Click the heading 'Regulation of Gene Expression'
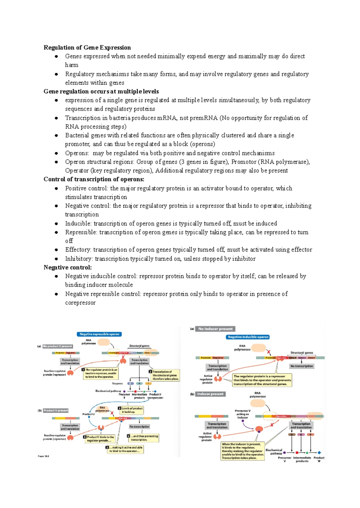coord(87,47)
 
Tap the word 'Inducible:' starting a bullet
coord(78,223)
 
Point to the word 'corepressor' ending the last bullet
coord(80,303)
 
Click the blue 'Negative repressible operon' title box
coord(99,334)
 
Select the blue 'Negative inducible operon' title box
coord(248,337)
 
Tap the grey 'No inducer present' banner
coord(215,329)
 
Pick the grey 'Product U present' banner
coord(56,411)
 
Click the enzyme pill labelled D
coord(292,435)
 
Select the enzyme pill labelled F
coord(311,435)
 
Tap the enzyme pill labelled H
coord(139,384)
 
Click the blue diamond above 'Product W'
coord(319,453)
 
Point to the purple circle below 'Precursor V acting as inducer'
coord(243,421)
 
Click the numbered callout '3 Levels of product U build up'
coord(131,410)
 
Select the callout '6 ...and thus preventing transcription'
coord(143,438)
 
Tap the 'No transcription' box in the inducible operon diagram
coord(301,366)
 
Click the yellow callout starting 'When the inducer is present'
coord(243,451)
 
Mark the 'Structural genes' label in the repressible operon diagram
coord(139,346)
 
